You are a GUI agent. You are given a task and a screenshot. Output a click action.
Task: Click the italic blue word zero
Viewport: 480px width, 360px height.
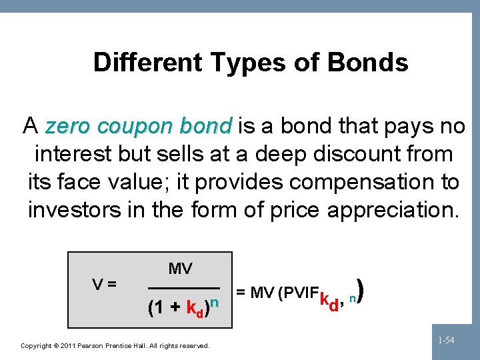pos(65,125)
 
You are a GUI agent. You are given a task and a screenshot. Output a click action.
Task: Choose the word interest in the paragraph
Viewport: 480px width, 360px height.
pos(74,153)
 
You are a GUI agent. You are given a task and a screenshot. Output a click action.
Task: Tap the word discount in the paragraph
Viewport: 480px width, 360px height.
pos(358,153)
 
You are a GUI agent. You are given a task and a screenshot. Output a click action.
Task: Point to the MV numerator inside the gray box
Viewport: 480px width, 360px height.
pos(180,269)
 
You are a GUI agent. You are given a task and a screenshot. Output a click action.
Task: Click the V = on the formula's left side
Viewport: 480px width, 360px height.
pos(105,283)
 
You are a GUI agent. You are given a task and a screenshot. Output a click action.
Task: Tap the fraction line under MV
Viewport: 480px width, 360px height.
pos(183,287)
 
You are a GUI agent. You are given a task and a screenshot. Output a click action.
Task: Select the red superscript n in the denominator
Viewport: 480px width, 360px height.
pos(215,303)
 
